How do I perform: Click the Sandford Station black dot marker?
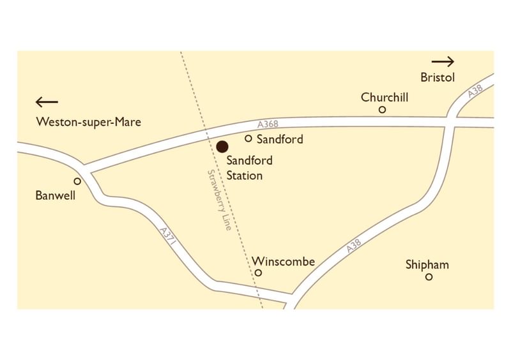click(222, 147)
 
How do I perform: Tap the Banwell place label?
click(55, 196)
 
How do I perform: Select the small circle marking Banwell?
click(77, 181)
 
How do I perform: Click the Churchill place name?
click(385, 98)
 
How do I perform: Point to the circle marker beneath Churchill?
click(383, 110)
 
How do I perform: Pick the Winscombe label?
click(284, 262)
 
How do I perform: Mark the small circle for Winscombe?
click(259, 273)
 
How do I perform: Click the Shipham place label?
click(427, 264)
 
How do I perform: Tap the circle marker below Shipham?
click(429, 277)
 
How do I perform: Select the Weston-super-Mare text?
click(89, 122)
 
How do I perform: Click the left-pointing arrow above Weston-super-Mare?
click(47, 101)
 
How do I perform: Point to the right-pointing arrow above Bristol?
click(443, 62)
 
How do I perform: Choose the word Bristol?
click(438, 78)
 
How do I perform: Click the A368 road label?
click(269, 124)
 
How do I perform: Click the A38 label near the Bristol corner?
click(474, 92)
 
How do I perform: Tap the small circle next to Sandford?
click(248, 138)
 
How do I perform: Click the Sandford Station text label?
click(245, 169)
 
